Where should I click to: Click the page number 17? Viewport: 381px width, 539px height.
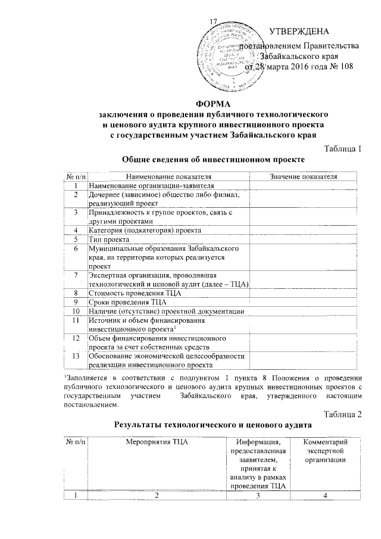(213, 23)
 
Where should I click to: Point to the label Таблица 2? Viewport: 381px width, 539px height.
(342, 415)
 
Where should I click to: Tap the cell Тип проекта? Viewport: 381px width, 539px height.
(109, 239)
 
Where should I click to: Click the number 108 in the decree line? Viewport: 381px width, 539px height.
(344, 67)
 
